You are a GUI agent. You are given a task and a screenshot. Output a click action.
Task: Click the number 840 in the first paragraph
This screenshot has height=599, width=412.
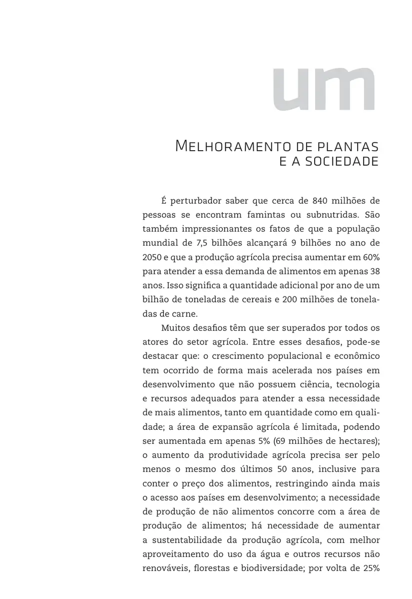click(321, 201)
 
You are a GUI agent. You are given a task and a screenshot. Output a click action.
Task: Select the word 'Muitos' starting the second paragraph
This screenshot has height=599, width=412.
click(175, 328)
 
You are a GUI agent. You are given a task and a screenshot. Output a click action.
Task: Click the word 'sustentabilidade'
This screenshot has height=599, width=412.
click(192, 540)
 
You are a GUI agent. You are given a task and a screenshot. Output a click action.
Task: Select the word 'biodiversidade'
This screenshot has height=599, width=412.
click(273, 568)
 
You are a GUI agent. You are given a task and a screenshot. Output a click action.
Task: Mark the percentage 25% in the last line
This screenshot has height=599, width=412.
click(371, 568)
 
